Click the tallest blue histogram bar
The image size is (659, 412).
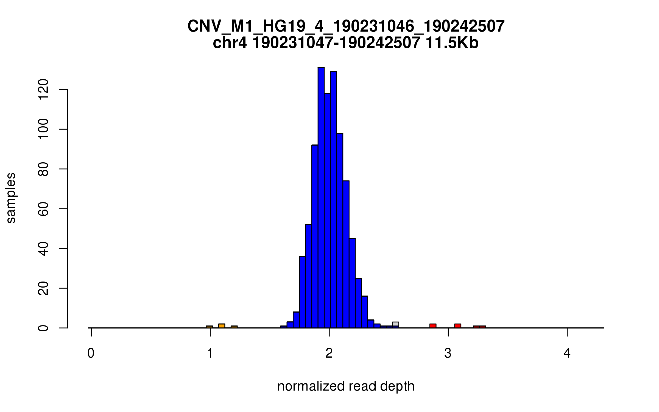click(321, 198)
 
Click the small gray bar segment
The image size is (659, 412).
click(396, 324)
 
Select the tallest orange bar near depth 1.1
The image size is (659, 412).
click(222, 326)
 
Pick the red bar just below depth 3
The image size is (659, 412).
click(433, 326)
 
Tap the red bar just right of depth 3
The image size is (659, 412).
click(458, 326)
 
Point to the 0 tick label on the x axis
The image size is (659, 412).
click(91, 353)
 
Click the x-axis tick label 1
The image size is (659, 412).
click(210, 353)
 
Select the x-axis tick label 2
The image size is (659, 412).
click(329, 353)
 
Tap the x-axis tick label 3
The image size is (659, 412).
click(448, 353)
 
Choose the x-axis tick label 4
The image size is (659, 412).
click(567, 353)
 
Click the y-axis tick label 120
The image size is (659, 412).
click(43, 90)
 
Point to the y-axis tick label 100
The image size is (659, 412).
click(43, 129)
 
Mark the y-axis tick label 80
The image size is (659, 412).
click(43, 169)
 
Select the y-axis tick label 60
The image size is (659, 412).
click(43, 209)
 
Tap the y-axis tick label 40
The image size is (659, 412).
click(43, 249)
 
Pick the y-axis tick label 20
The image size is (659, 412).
click(43, 288)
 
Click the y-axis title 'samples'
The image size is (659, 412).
click(11, 198)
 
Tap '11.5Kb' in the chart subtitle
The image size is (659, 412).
click(452, 43)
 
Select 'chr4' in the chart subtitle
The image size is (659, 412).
click(230, 43)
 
